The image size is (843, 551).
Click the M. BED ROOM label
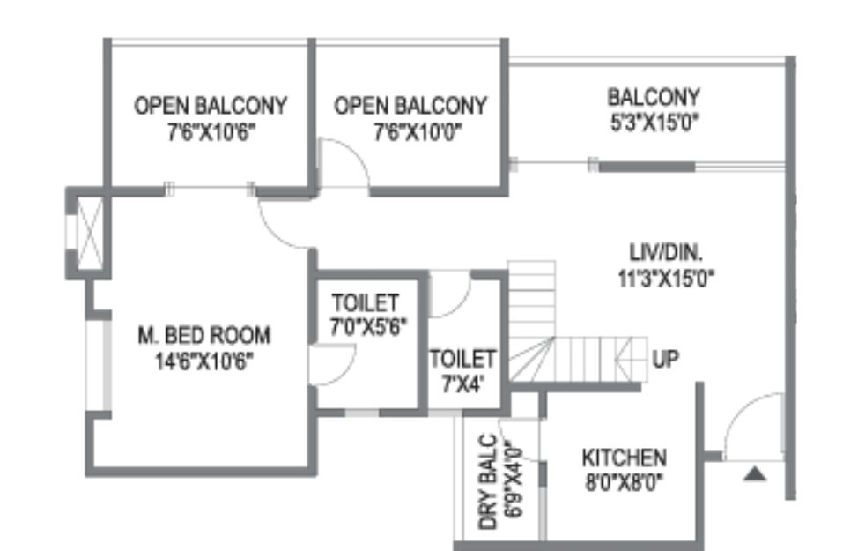tap(203, 336)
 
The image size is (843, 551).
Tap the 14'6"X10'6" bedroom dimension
tap(203, 361)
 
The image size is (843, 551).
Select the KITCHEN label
tap(625, 458)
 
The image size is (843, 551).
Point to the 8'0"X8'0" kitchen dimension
tap(624, 482)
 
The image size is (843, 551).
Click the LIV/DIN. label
tap(666, 253)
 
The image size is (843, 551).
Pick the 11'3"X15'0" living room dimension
tap(666, 279)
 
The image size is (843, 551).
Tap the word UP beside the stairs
tap(666, 359)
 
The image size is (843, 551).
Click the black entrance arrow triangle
tap(756, 474)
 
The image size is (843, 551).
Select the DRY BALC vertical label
tap(488, 482)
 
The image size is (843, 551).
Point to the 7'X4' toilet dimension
tap(462, 383)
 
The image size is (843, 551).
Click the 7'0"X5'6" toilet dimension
tap(368, 327)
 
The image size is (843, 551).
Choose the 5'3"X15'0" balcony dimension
tap(654, 123)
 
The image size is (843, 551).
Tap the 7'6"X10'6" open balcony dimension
tap(211, 131)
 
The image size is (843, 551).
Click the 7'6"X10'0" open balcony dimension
tap(418, 131)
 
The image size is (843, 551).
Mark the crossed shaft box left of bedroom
tap(90, 233)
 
